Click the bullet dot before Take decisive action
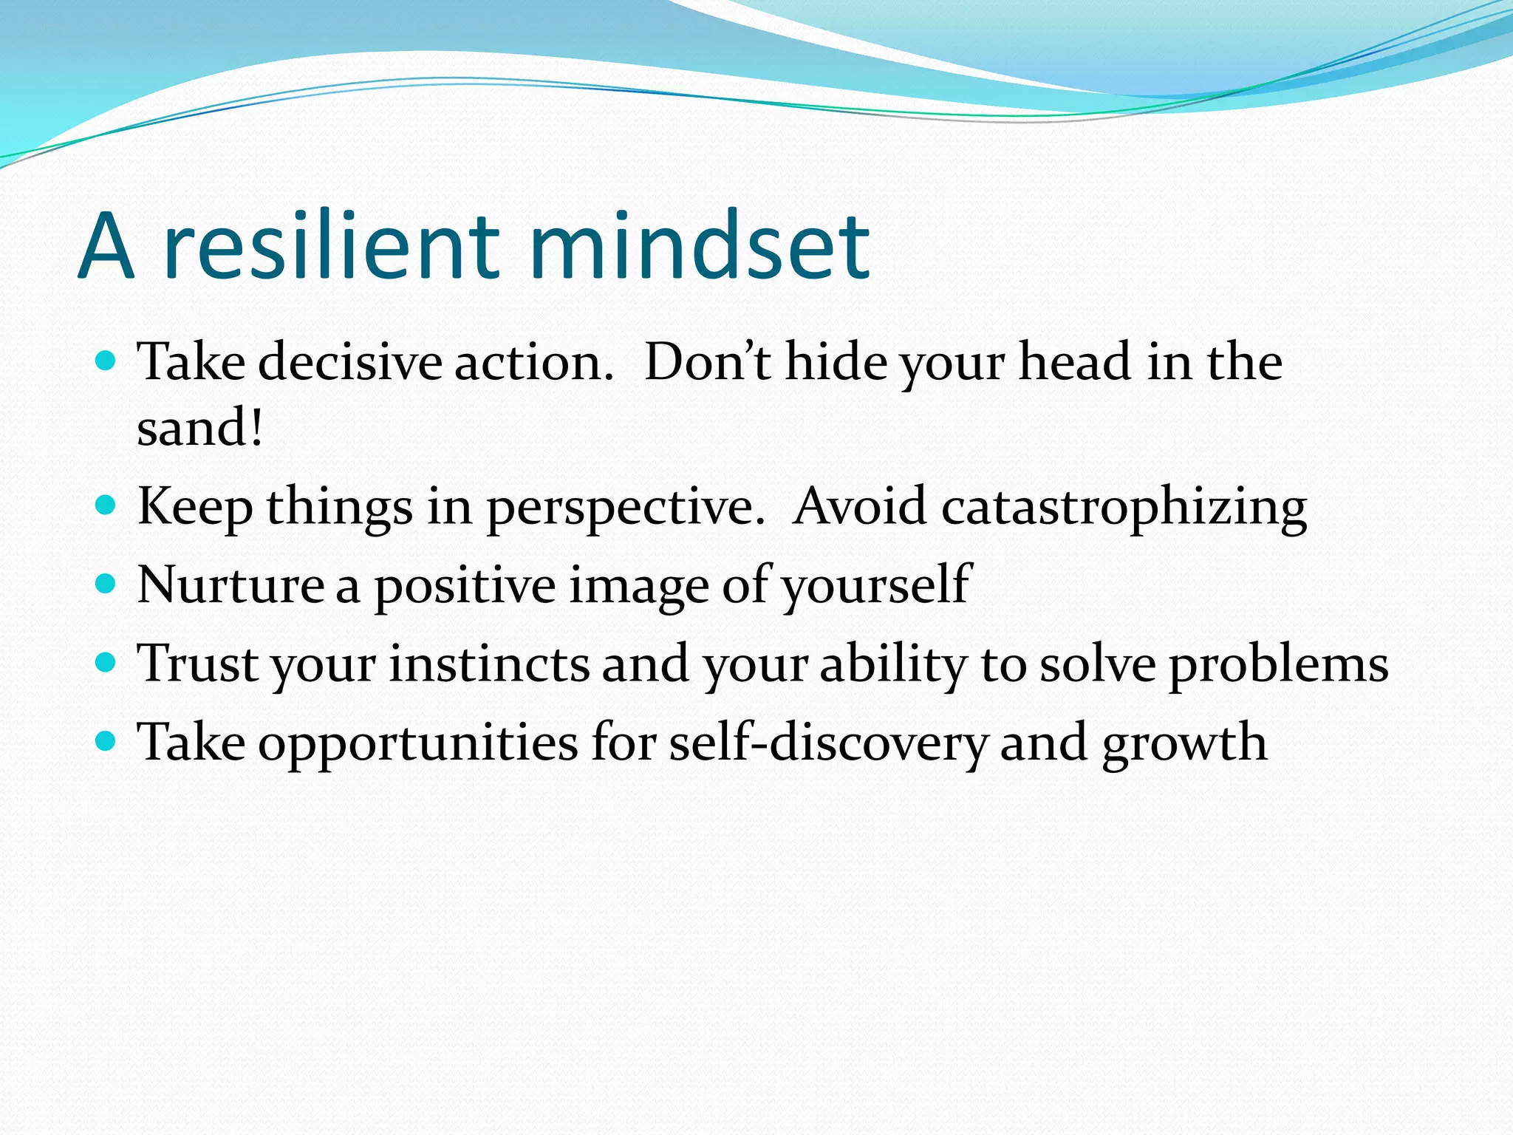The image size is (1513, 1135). point(106,361)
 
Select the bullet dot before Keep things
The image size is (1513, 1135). point(106,505)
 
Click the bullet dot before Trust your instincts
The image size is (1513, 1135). point(106,662)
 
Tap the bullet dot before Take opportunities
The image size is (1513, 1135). point(106,740)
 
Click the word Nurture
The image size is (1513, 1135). point(230,585)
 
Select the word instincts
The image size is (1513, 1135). point(489,664)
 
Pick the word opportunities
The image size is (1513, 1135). point(418,744)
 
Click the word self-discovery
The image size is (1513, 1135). point(828,743)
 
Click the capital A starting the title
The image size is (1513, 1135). point(106,248)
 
